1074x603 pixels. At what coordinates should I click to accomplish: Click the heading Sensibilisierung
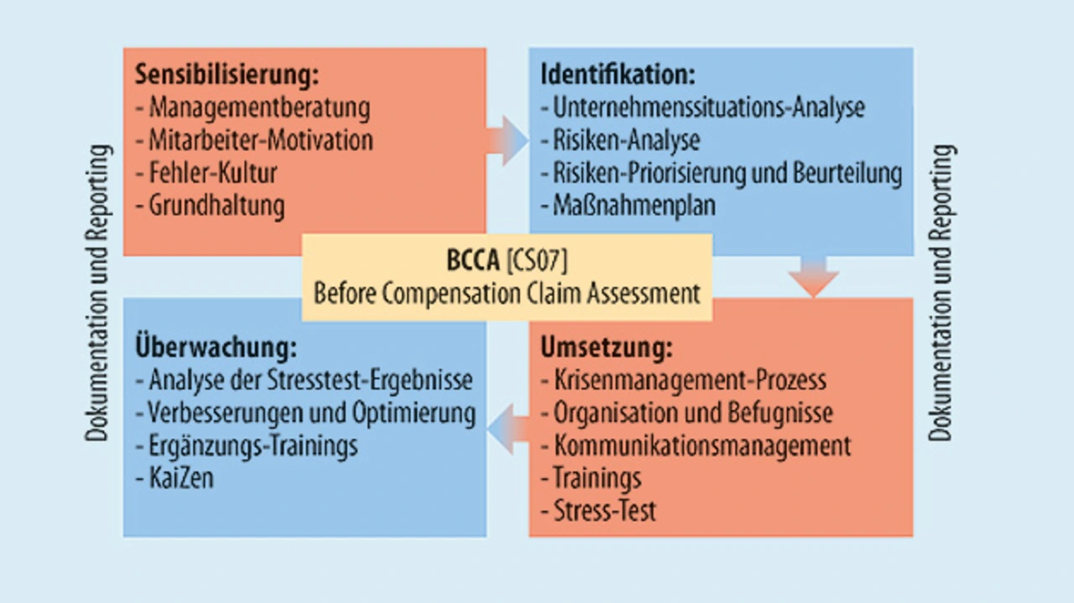227,75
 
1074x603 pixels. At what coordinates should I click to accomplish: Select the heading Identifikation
618,75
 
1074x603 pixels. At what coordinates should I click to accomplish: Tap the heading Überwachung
216,346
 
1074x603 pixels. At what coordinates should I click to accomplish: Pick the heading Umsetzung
607,347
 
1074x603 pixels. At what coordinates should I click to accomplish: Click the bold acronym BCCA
472,261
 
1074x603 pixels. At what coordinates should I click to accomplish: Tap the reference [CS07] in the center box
537,261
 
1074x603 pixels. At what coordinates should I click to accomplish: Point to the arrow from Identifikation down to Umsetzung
813,277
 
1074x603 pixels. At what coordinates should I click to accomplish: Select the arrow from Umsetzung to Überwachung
508,429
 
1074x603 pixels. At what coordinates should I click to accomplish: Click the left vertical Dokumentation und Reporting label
98,293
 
